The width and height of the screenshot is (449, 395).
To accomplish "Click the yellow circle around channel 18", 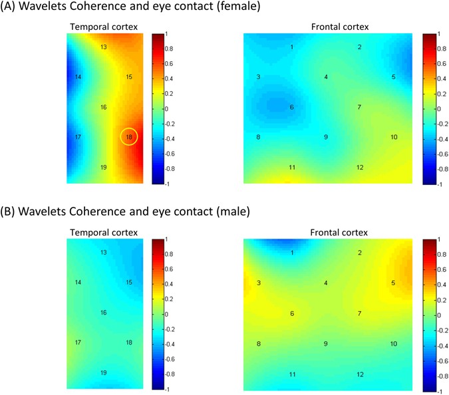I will (x=129, y=136).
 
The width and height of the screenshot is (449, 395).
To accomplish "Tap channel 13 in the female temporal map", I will (x=103, y=47).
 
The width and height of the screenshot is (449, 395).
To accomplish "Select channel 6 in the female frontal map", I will (x=291, y=107).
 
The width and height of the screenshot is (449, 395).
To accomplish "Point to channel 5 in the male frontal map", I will (x=394, y=283).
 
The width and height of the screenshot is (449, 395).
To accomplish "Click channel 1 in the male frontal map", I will (x=291, y=253).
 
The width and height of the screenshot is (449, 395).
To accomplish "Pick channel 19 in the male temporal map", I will (x=103, y=372).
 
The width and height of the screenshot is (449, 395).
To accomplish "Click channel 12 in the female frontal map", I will (x=359, y=167).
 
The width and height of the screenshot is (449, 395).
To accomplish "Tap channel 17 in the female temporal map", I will (x=78, y=137).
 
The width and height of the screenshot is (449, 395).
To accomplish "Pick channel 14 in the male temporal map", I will (x=78, y=283).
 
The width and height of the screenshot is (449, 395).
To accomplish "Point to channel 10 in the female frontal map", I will (x=394, y=137).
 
